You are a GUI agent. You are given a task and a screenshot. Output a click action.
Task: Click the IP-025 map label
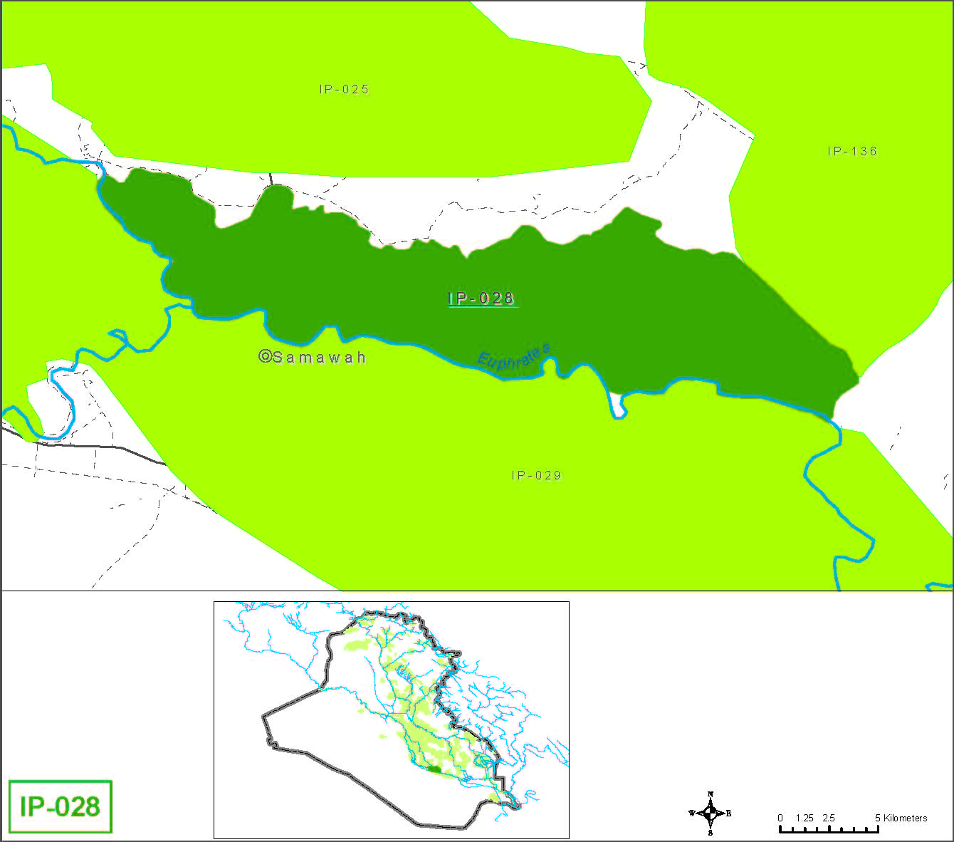(x=344, y=90)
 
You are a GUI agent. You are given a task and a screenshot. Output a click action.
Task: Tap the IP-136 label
(x=852, y=152)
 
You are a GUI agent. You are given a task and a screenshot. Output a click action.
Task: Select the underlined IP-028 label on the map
(x=481, y=298)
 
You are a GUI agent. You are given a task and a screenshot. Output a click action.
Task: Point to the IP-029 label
(x=536, y=476)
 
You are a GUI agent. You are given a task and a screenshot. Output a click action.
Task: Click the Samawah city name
(x=320, y=358)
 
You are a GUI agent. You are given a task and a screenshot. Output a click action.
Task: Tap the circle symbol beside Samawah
(x=265, y=357)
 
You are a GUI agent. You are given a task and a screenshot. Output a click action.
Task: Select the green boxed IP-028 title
(x=60, y=807)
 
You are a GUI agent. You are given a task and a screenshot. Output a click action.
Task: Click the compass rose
(x=711, y=813)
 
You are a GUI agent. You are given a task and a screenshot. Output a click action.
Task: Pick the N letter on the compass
(x=711, y=794)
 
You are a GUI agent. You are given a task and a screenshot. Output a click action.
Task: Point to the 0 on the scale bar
(x=780, y=818)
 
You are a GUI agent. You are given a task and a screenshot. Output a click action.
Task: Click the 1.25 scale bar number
(x=804, y=818)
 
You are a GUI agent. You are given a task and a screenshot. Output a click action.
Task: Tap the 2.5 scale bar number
(x=829, y=818)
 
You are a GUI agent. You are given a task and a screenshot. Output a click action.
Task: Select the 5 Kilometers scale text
(x=901, y=818)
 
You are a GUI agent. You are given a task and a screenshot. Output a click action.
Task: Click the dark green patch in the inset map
(x=434, y=769)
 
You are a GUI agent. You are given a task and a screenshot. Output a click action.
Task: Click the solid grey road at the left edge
(x=107, y=447)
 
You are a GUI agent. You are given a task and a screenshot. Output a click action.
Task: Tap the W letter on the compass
(x=691, y=814)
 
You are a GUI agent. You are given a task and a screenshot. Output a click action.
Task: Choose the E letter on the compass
(x=728, y=814)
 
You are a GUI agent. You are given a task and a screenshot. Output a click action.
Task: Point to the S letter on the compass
(x=711, y=832)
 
